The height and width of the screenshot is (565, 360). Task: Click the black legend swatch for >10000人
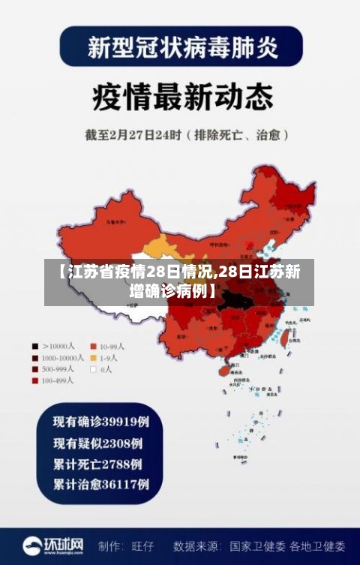tap(34, 347)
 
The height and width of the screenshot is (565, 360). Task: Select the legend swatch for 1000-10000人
tap(34, 358)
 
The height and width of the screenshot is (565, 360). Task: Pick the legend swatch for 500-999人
tap(34, 369)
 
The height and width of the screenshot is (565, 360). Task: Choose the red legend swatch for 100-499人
tap(34, 380)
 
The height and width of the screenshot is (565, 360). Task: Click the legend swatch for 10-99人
tap(94, 347)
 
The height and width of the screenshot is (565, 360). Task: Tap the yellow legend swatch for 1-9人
tap(94, 358)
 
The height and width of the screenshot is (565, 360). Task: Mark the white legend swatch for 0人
tap(94, 369)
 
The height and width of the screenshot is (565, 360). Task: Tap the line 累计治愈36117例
tap(100, 484)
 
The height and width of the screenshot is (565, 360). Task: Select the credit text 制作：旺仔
tap(126, 545)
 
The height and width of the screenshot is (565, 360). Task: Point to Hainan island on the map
tap(223, 369)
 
